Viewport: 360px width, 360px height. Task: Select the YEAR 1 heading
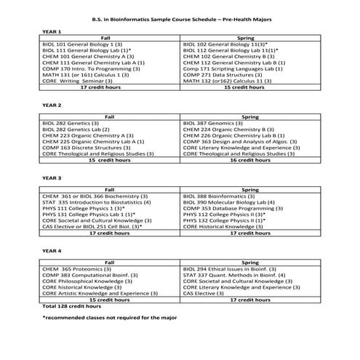(52, 31)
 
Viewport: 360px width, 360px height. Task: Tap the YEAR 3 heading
(52, 177)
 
